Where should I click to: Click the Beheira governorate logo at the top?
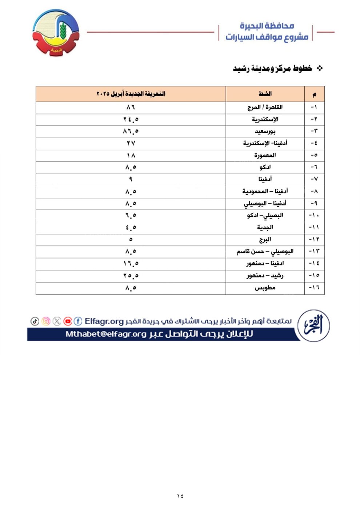pyautogui.click(x=56, y=33)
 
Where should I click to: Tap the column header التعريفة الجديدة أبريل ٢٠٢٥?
pyautogui.click(x=131, y=94)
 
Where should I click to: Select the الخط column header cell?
pyautogui.click(x=265, y=94)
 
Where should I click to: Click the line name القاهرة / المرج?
pyautogui.click(x=265, y=107)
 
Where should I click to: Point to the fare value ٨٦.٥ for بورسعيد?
pyautogui.click(x=131, y=131)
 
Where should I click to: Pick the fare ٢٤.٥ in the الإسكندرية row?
pyautogui.click(x=131, y=119)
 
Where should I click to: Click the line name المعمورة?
pyautogui.click(x=265, y=155)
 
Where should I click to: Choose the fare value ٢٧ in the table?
pyautogui.click(x=131, y=143)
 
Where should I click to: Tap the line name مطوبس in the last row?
pyautogui.click(x=265, y=288)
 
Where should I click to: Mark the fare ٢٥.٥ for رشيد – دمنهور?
pyautogui.click(x=131, y=276)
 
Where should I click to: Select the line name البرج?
pyautogui.click(x=265, y=240)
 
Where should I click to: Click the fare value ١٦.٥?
pyautogui.click(x=131, y=264)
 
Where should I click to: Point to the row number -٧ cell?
pyautogui.click(x=314, y=179)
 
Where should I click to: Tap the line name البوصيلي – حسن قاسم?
pyautogui.click(x=265, y=252)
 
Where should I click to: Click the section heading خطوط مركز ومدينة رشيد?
pyautogui.click(x=273, y=69)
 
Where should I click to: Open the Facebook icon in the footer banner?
pyautogui.click(x=78, y=321)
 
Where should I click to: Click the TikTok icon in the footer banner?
pyautogui.click(x=35, y=321)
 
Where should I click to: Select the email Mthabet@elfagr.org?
pyautogui.click(x=106, y=334)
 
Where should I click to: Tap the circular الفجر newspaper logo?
pyautogui.click(x=313, y=325)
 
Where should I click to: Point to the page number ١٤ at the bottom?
pyautogui.click(x=180, y=496)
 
